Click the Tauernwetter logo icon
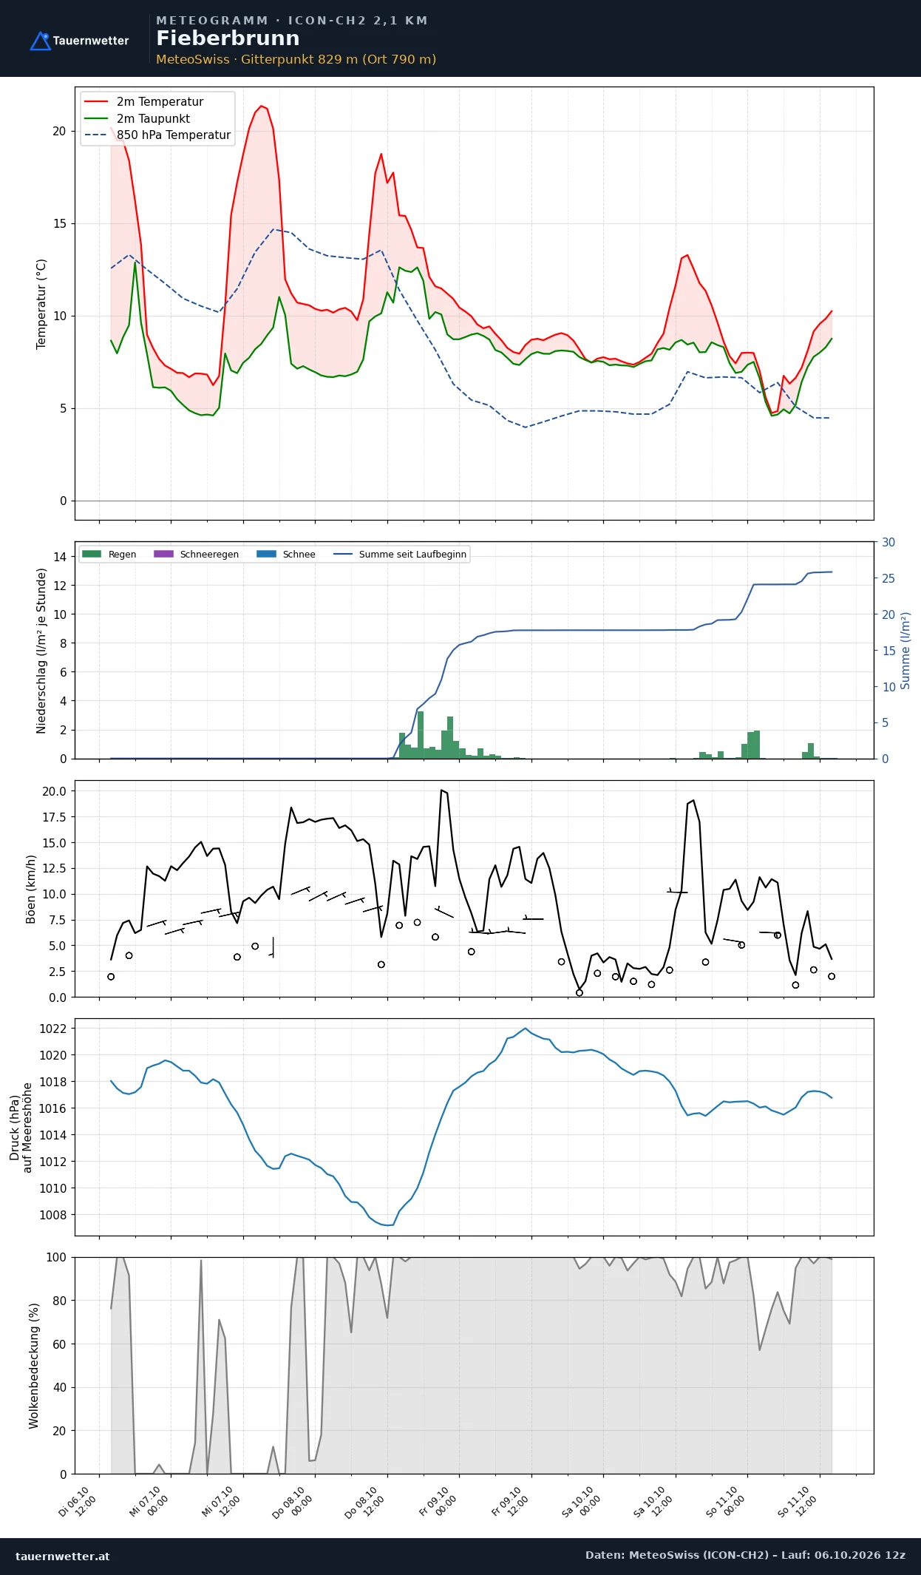click(x=40, y=41)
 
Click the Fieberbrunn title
click(x=228, y=38)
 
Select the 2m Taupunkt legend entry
click(x=137, y=118)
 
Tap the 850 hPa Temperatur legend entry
click(x=157, y=135)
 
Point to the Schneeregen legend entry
click(x=196, y=554)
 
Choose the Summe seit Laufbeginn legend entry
click(x=400, y=554)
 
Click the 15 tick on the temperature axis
click(x=59, y=223)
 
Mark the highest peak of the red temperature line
click(x=261, y=106)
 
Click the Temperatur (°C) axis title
click(x=41, y=304)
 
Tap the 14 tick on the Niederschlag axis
click(x=59, y=557)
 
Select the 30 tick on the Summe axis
click(x=888, y=542)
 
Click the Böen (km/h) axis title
click(x=31, y=889)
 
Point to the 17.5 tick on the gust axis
click(x=54, y=817)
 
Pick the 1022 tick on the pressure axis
click(x=52, y=1029)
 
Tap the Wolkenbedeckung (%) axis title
click(x=33, y=1366)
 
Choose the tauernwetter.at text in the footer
click(x=62, y=1556)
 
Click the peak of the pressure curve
click(x=526, y=1029)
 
